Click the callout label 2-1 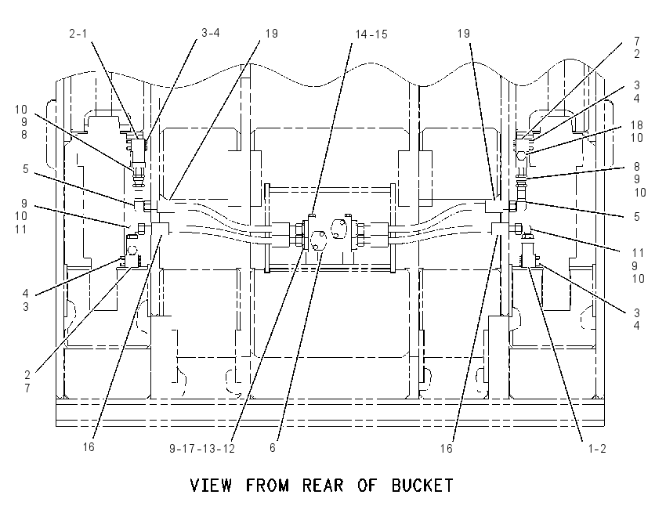[78, 34]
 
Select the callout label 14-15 [371, 34]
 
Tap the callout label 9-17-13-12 [202, 448]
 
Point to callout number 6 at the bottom [273, 448]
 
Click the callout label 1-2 [597, 448]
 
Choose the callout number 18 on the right [637, 125]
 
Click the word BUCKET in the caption [422, 485]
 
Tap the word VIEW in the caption [211, 485]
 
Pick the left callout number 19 [271, 34]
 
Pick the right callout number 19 [464, 34]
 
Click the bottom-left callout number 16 [89, 447]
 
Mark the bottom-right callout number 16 [447, 448]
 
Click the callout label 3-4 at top [210, 33]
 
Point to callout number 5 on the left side [26, 169]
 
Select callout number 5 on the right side [637, 217]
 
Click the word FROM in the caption [267, 485]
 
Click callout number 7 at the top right [637, 42]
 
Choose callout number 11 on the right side [638, 253]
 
